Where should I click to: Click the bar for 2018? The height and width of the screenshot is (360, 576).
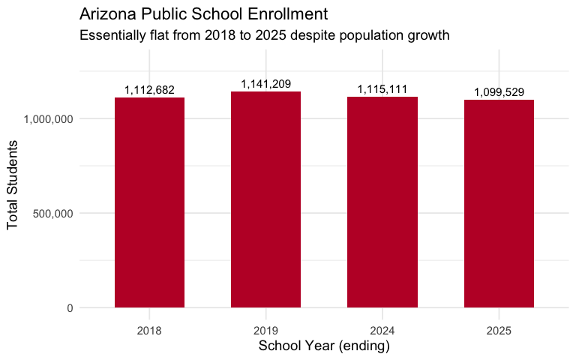[x=149, y=202]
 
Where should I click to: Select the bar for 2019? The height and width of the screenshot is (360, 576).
[x=265, y=199]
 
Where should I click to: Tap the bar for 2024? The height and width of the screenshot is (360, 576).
[x=382, y=202]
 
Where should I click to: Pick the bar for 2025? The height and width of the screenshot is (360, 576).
[x=499, y=203]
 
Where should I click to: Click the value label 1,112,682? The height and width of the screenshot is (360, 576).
[x=149, y=90]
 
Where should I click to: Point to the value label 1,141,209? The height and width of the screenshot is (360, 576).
[x=265, y=84]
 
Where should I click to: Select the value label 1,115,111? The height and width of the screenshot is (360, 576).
[x=382, y=89]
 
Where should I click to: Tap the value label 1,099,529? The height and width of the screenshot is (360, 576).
[x=499, y=92]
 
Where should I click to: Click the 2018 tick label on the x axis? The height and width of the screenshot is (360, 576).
[x=149, y=329]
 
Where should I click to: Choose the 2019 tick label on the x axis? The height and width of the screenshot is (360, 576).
[x=265, y=329]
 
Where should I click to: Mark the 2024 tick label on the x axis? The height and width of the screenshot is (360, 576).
[x=382, y=329]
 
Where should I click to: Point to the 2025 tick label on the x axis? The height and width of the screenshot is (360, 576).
[x=499, y=329]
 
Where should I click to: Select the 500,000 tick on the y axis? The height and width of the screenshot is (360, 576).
[x=52, y=213]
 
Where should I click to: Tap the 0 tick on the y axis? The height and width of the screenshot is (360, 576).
[x=68, y=307]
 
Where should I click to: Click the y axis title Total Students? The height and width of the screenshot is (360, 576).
[x=13, y=188]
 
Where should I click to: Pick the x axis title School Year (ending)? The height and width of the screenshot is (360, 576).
[x=324, y=346]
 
